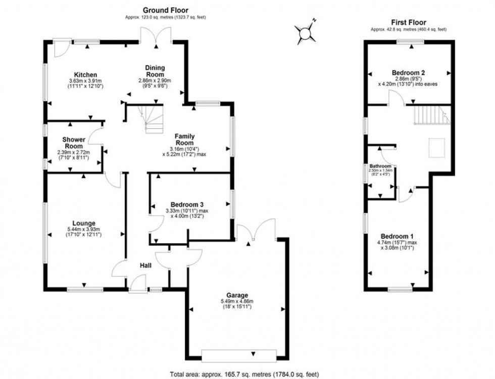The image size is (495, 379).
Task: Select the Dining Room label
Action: click(155, 71)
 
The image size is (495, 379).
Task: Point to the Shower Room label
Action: click(73, 143)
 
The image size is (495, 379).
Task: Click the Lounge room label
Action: click(84, 223)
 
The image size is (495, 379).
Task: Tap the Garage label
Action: click(237, 295)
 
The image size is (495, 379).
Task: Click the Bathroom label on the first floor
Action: click(380, 166)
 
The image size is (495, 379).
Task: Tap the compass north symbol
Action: click(306, 32)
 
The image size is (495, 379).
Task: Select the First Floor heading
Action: click(409, 22)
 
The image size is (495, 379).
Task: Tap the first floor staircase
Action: click(430, 115)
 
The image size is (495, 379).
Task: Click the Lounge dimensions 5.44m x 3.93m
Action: click(84, 231)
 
